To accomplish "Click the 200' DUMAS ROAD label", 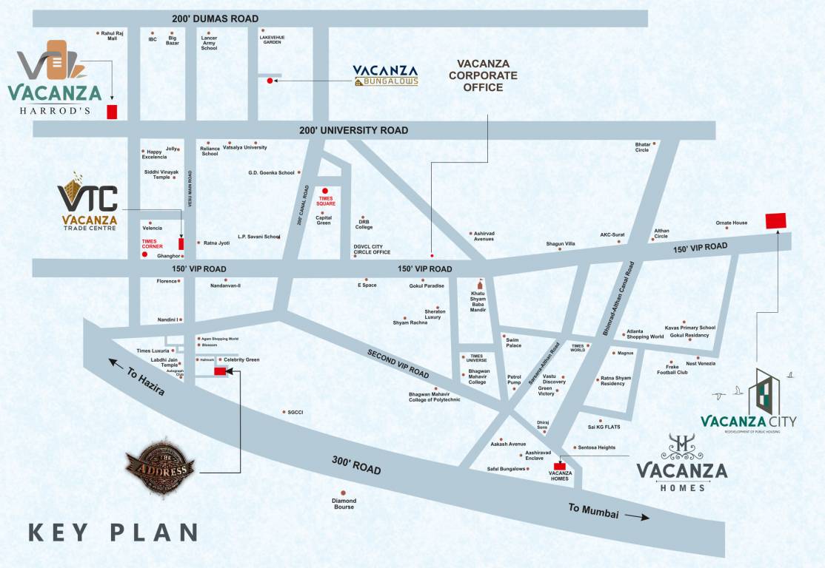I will (215, 18).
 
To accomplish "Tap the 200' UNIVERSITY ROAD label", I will (353, 130).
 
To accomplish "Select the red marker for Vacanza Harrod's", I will (112, 112).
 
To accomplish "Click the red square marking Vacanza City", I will (775, 220).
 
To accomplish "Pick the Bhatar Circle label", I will (642, 146).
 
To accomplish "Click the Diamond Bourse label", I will (344, 504).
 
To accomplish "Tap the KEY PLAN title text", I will (113, 532).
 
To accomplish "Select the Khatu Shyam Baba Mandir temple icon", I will (479, 285).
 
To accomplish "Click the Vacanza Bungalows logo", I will (385, 75).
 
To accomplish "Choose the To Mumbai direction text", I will (593, 511).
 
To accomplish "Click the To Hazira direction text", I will (147, 379).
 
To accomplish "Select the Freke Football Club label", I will (672, 369).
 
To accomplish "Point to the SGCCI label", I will (295, 412).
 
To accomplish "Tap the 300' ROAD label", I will (356, 465).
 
